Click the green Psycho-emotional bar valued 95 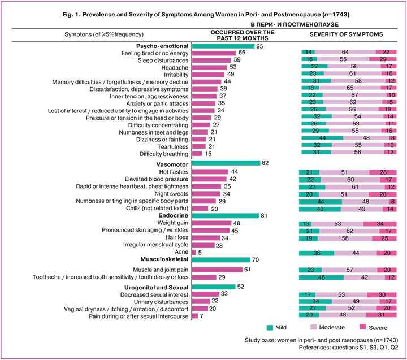pyautogui.click(x=223, y=45)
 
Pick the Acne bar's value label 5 pyautogui.click(x=200, y=252)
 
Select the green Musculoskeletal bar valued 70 pyautogui.click(x=221, y=259)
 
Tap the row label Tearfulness pyautogui.click(x=172, y=146)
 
